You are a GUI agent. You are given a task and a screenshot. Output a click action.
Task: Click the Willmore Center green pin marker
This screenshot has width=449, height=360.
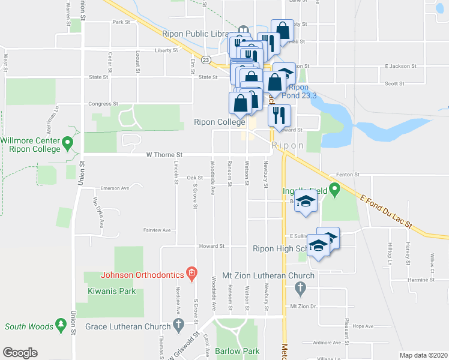coord(68,143)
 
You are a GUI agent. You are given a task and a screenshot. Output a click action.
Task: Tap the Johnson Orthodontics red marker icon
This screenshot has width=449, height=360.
coord(191,275)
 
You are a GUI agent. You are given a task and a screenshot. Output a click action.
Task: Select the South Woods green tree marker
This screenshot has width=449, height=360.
coord(61,325)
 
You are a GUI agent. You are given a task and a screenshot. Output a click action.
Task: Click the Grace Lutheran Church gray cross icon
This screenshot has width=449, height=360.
coord(178,325)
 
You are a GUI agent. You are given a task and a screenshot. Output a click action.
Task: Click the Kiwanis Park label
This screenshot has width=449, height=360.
coord(110,292)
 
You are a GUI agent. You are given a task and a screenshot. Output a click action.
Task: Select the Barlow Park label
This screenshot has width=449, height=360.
coord(238,350)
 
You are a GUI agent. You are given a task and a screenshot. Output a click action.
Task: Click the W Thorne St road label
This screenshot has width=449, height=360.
coord(164,155)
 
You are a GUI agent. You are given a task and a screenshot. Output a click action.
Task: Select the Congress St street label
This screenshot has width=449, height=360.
coord(103,104)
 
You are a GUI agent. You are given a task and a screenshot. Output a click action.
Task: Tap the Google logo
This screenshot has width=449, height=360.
coord(20,353)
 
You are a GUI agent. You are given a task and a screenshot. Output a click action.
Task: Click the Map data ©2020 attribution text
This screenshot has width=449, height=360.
coord(423,355)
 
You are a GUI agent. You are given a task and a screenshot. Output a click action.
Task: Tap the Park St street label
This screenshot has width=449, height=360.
coord(121,22)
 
